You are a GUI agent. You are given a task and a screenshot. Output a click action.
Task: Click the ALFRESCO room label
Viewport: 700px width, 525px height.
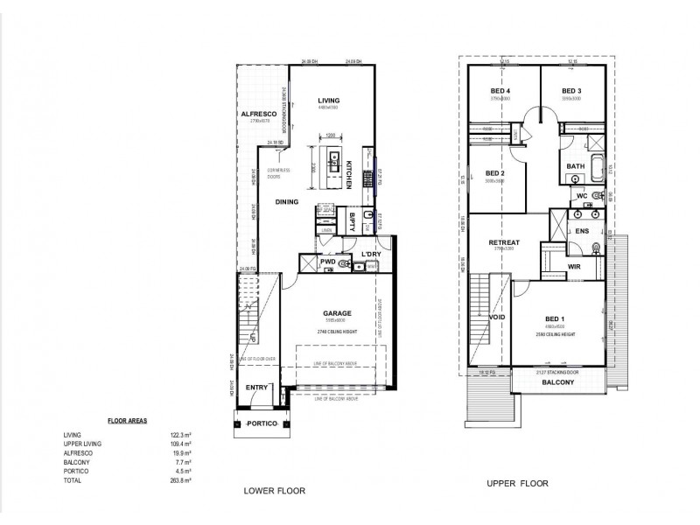pyautogui.click(x=259, y=115)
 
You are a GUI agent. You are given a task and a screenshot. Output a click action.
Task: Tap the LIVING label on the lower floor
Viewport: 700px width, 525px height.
pyautogui.click(x=329, y=101)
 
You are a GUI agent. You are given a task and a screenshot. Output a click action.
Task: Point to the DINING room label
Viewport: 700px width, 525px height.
pyautogui.click(x=287, y=202)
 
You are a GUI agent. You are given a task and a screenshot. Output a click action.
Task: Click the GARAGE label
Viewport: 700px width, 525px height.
pyautogui.click(x=337, y=312)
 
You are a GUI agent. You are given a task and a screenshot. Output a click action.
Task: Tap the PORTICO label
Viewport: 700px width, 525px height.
pyautogui.click(x=262, y=423)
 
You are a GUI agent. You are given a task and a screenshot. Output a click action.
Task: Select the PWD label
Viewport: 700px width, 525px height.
pyautogui.click(x=328, y=261)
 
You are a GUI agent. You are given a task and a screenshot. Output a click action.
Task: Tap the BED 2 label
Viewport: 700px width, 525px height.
pyautogui.click(x=496, y=173)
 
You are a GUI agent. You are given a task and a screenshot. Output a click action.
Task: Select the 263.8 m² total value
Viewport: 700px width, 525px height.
pyautogui.click(x=181, y=480)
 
